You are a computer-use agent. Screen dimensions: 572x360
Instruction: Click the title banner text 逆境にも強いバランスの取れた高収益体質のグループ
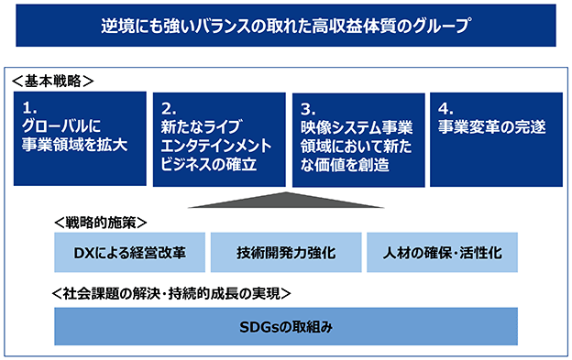[x=285, y=26]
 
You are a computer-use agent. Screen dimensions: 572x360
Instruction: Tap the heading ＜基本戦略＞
[x=53, y=81]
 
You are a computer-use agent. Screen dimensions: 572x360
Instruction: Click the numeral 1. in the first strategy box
[x=29, y=108]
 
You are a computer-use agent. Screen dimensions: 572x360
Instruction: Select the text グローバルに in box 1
[x=60, y=126]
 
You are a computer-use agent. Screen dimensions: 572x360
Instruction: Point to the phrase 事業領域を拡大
[x=75, y=145]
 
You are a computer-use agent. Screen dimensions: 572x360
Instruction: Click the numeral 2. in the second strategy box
[x=169, y=109]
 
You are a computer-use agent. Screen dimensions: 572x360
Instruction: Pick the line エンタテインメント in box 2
[x=216, y=146]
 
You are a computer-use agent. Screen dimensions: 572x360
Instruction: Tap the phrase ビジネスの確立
[x=209, y=164]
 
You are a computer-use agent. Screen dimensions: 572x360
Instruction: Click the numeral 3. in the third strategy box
[x=308, y=109]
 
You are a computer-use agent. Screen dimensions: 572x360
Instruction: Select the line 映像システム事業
[x=357, y=127]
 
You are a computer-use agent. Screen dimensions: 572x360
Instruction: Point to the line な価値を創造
[x=345, y=165]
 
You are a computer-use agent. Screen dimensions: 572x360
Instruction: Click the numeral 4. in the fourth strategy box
[x=445, y=109]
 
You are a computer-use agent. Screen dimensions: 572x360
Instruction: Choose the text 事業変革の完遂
[x=491, y=126]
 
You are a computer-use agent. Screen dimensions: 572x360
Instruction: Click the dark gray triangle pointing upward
[x=286, y=201]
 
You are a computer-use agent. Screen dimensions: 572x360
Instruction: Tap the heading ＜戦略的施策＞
[x=101, y=223]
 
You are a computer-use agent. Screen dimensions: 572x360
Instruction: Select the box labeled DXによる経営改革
[x=129, y=253]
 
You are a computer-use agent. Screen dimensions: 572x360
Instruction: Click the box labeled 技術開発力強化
[x=286, y=253]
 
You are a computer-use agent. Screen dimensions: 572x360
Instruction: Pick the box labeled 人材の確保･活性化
[x=442, y=253]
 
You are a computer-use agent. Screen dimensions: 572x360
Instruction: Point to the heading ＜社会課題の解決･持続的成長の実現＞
[x=171, y=294]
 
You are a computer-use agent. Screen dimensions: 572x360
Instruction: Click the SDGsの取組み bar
[x=286, y=326]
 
